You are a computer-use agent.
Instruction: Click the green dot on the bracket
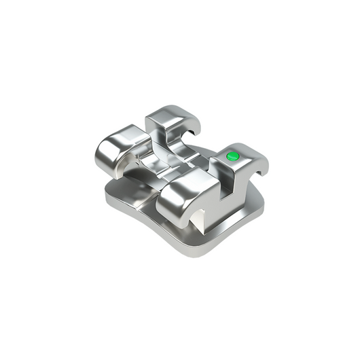coord(232,156)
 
